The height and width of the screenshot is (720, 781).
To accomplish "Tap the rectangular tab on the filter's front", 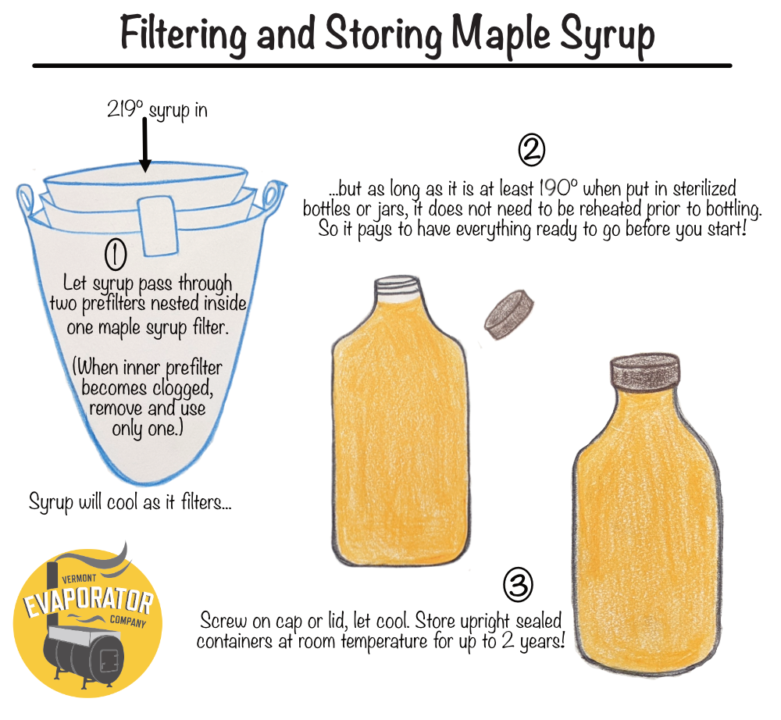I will coord(156,213).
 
